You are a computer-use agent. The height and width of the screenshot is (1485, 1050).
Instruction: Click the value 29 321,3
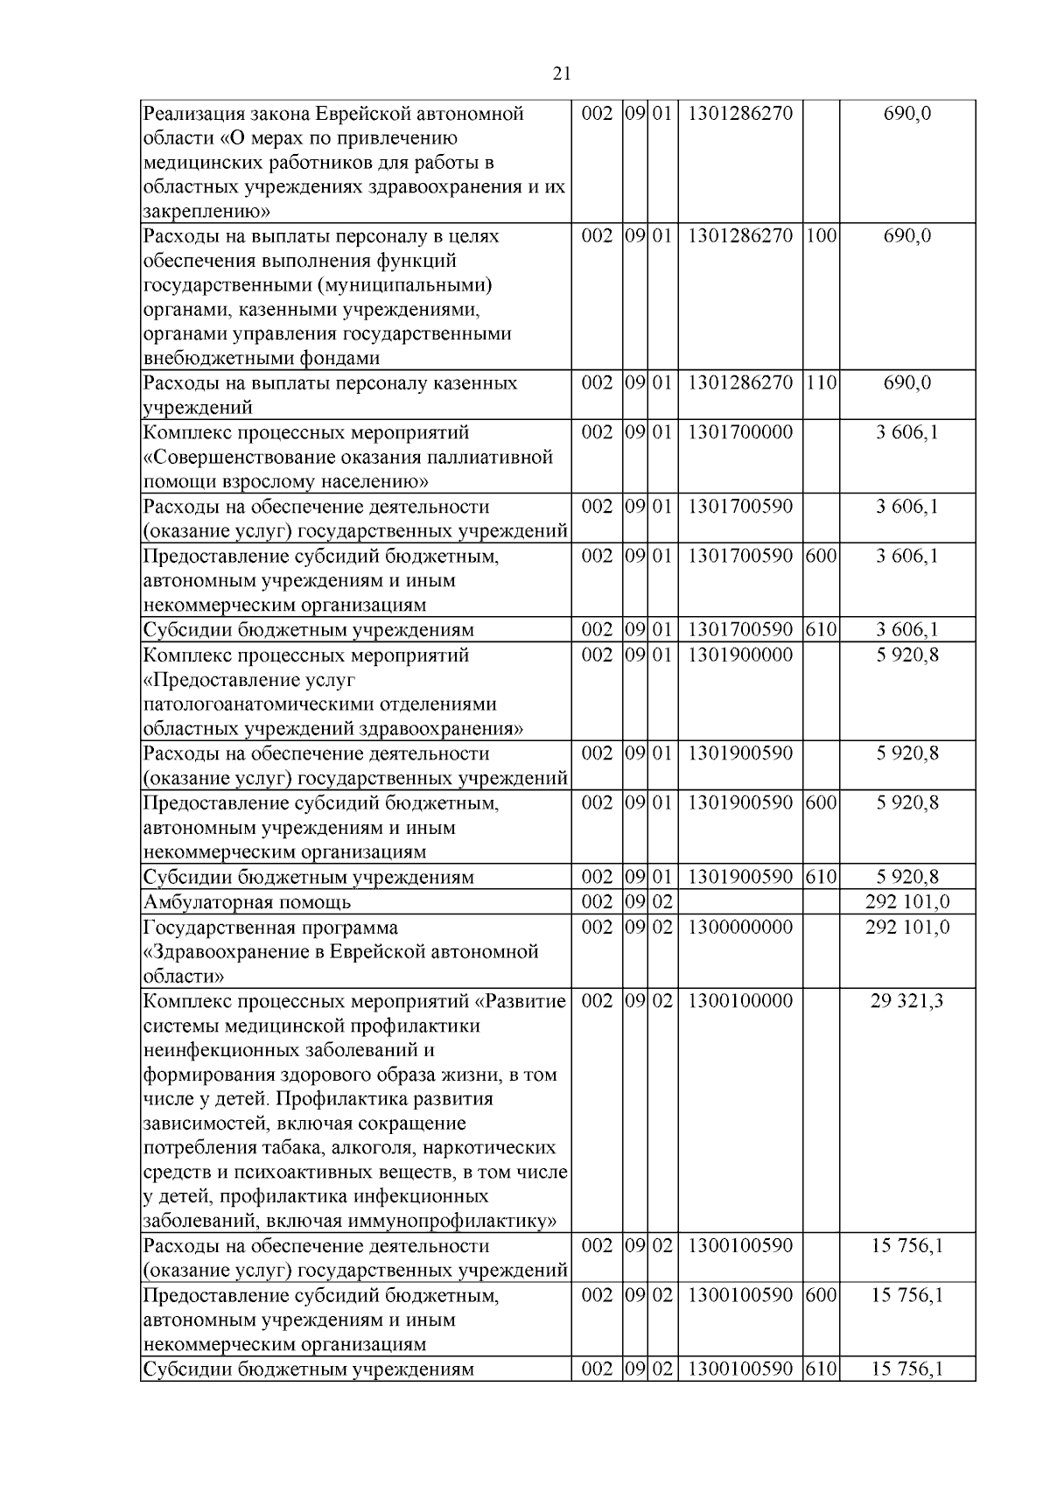pyautogui.click(x=906, y=1001)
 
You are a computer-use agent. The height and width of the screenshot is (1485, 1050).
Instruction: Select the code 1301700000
pyautogui.click(x=740, y=432)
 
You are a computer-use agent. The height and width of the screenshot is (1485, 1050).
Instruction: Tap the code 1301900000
pyautogui.click(x=740, y=655)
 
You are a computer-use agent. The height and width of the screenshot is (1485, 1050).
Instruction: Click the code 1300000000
pyautogui.click(x=740, y=927)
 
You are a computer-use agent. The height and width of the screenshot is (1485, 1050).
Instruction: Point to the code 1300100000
pyautogui.click(x=740, y=1001)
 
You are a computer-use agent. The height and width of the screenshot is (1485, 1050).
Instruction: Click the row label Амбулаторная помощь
pyautogui.click(x=247, y=902)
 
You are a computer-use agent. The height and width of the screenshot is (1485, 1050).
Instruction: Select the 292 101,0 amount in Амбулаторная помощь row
pyautogui.click(x=906, y=902)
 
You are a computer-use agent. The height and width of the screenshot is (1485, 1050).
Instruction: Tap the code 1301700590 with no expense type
pyautogui.click(x=740, y=507)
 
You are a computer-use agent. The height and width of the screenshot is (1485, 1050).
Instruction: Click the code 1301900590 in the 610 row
pyautogui.click(x=740, y=877)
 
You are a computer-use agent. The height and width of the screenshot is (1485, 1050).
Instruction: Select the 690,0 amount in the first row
pyautogui.click(x=906, y=113)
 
